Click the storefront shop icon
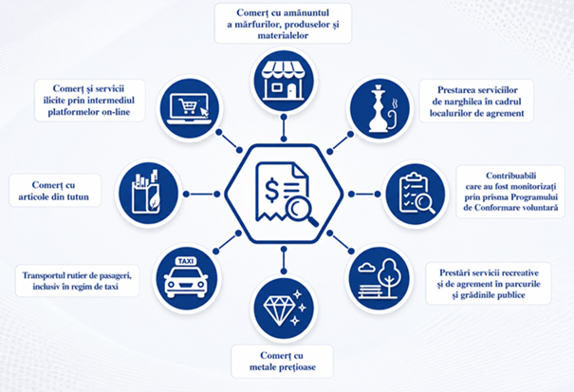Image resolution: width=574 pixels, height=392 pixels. point(284,81)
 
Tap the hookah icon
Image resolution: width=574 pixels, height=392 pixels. point(380,108)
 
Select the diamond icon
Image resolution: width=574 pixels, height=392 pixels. point(284,308)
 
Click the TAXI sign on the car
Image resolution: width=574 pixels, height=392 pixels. point(186,261)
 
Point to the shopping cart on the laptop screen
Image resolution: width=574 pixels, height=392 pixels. point(188,106)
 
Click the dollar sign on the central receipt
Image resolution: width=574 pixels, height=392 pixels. point(272,190)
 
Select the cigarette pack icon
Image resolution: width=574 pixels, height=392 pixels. point(146,193)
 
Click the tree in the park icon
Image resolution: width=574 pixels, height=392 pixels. point(389,275)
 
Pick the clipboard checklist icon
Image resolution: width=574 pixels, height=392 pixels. point(417,194)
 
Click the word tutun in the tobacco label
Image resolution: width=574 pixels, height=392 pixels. point(78,197)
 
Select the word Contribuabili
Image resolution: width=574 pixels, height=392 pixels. point(510,176)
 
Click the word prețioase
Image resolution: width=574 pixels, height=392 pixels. point(297,367)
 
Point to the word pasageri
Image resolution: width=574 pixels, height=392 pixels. point(114,275)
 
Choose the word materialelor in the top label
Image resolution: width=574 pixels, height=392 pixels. point(283,35)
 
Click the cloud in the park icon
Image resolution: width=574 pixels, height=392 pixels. point(367,269)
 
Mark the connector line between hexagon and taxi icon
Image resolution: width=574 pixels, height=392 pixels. point(228,242)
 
